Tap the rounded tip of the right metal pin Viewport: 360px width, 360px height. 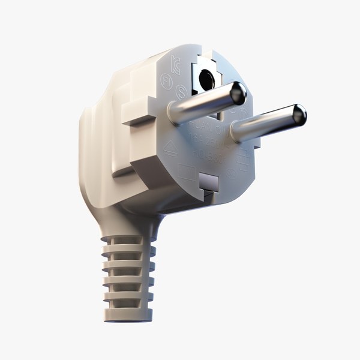[298, 113]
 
